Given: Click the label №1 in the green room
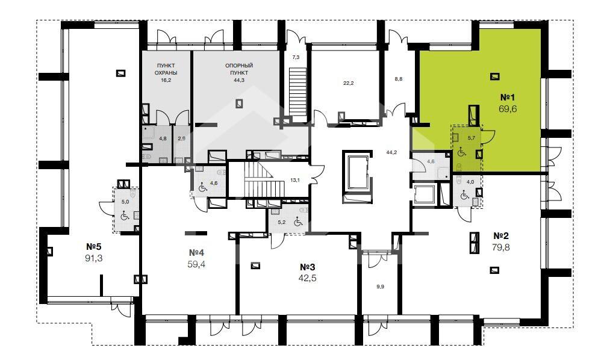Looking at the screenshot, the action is coord(507,98).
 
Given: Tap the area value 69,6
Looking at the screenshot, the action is coord(508,109).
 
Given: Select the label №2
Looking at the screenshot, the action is coord(500,235).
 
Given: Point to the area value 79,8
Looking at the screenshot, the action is coord(500,247).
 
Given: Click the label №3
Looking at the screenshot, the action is coord(307,267).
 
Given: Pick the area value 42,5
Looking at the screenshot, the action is coord(307,278).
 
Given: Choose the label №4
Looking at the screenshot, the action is coord(196,253).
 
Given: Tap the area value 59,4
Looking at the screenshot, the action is coord(196,265).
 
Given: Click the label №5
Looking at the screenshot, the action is coord(94,246).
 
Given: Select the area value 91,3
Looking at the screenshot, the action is coord(94,258).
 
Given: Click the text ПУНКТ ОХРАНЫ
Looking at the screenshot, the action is coord(166,69).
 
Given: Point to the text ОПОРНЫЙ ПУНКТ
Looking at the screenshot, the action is coord(239,69).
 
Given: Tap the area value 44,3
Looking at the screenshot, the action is coord(239,80).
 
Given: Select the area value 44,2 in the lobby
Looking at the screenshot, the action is coord(391,152).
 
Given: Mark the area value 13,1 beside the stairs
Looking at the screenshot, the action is coord(295,180).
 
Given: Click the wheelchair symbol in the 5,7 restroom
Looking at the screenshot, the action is coord(462,152).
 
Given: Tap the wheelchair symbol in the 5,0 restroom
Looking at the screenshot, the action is coord(125,215).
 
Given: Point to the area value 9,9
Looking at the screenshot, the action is coord(380,287).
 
